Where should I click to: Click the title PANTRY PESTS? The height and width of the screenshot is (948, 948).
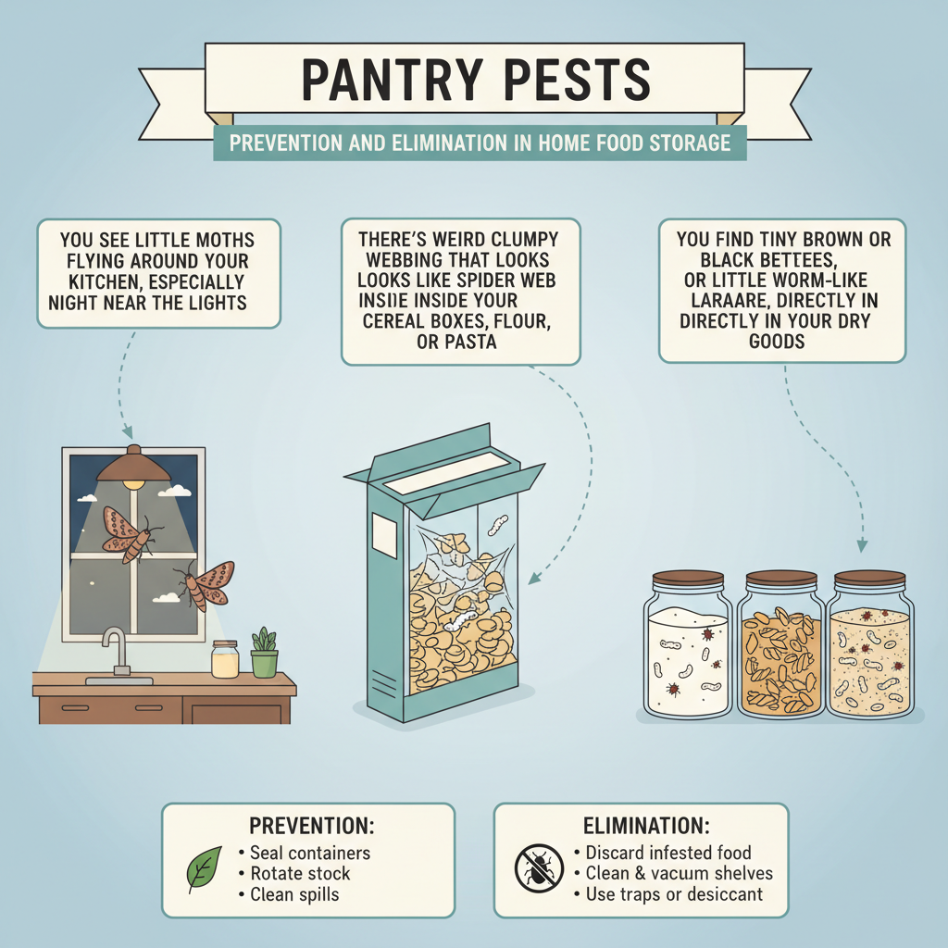[x=473, y=82]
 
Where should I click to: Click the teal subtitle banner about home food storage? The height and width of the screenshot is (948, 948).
[x=480, y=143]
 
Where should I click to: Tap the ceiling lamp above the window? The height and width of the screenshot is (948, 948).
[x=134, y=466]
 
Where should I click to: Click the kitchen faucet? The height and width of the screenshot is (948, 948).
[x=115, y=650]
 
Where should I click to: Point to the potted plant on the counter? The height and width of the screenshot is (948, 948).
[x=264, y=654]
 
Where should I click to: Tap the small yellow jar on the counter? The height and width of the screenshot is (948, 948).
[x=225, y=659]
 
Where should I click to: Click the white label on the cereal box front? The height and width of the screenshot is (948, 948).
[x=382, y=534]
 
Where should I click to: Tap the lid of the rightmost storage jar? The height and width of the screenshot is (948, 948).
[x=868, y=579]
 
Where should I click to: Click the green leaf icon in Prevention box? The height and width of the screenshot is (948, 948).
[x=204, y=868]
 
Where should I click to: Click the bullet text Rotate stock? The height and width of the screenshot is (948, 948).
[x=299, y=873]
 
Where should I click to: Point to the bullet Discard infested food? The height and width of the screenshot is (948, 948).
[x=667, y=852]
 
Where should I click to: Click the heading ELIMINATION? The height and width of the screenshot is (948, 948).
[x=641, y=825]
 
